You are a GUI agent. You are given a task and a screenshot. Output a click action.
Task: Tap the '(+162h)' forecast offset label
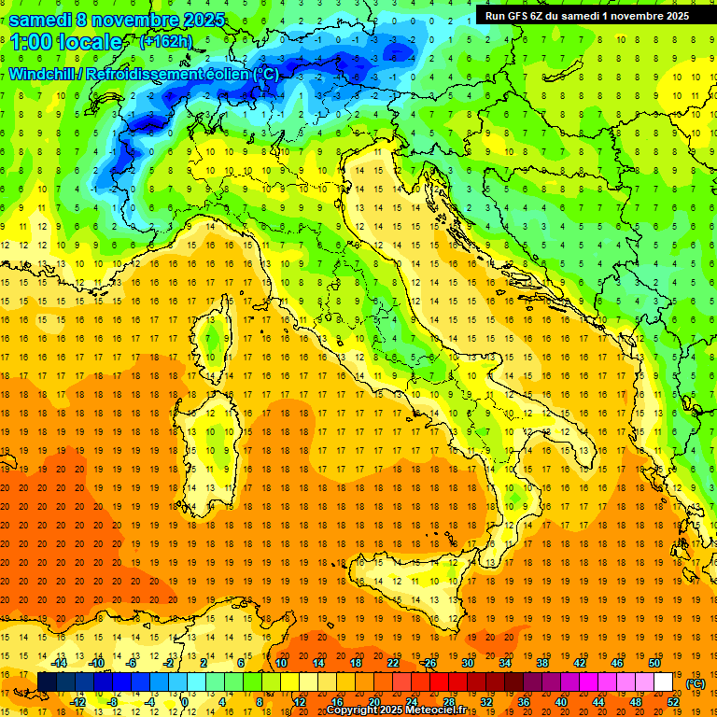(x=166, y=42)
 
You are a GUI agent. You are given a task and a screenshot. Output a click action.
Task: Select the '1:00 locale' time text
(x=65, y=42)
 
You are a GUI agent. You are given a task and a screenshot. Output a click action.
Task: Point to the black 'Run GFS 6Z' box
(x=587, y=15)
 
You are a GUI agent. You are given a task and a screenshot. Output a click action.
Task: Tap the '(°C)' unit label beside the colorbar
(x=696, y=682)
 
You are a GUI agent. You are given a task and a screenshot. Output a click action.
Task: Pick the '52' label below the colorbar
(x=673, y=701)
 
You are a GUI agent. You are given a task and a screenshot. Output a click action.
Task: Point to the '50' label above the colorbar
(x=654, y=663)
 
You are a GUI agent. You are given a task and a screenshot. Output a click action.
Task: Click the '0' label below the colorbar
(x=184, y=701)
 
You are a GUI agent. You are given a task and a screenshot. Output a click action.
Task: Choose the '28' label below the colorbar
(x=449, y=701)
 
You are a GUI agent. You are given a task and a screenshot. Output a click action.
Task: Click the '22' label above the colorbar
(x=393, y=663)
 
